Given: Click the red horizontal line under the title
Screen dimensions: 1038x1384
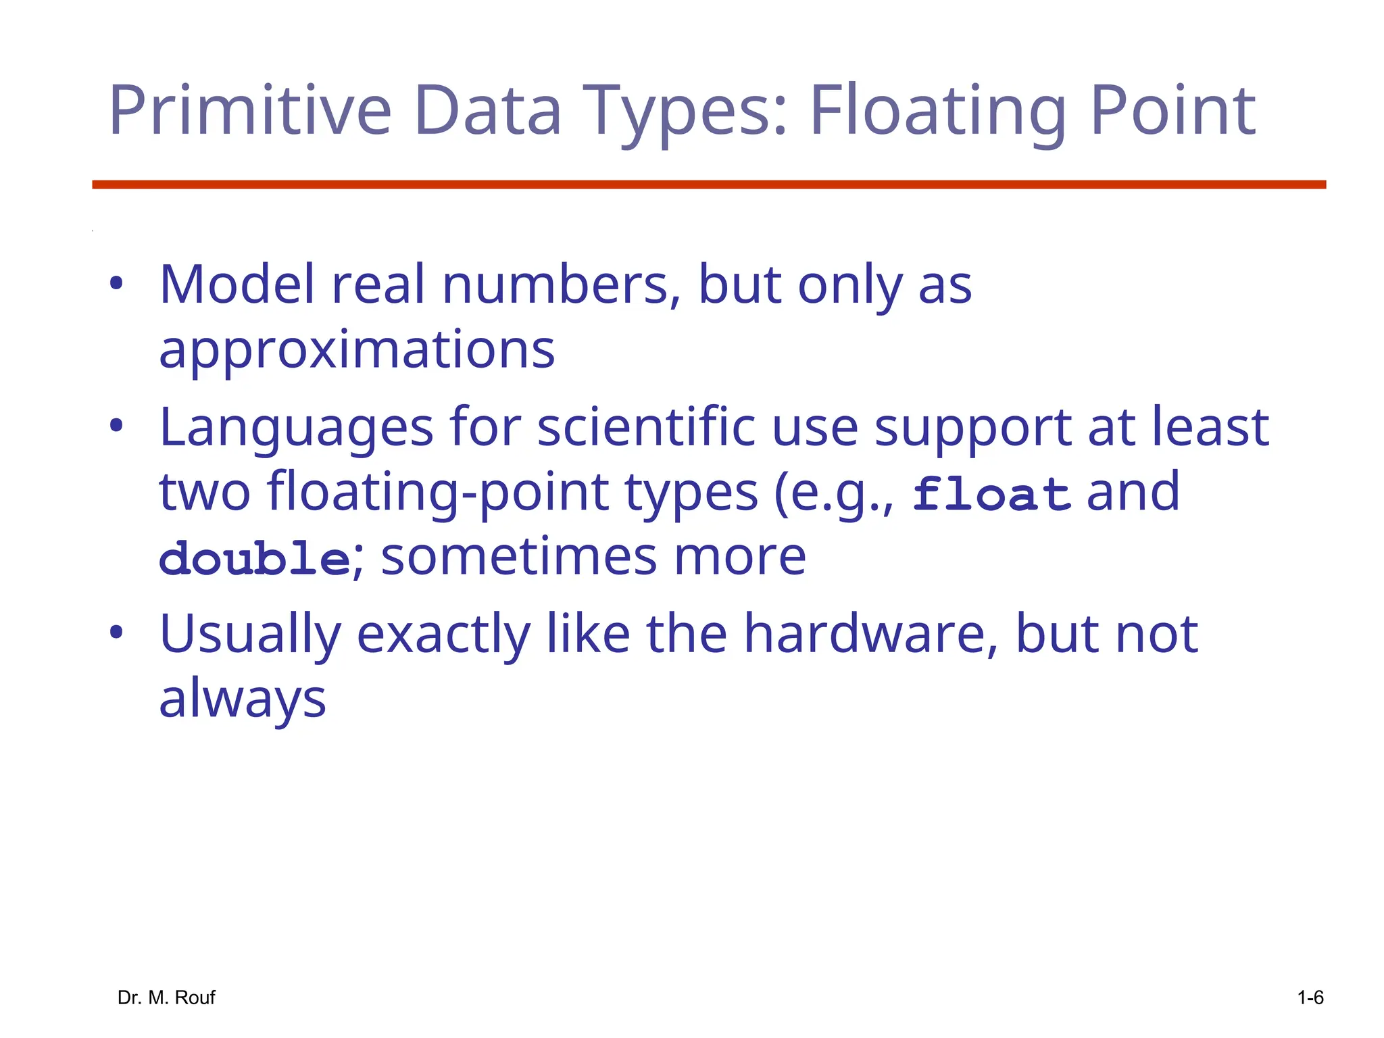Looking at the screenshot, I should [708, 184].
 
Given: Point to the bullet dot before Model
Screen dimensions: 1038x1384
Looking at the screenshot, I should [116, 284].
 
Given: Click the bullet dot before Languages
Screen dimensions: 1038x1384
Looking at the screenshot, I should [116, 426].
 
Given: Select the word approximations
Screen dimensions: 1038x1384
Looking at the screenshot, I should [357, 350].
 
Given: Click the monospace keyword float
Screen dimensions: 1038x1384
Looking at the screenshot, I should [991, 494].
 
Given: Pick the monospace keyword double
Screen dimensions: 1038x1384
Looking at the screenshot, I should [254, 559].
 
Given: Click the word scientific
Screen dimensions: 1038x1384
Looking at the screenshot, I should [646, 428].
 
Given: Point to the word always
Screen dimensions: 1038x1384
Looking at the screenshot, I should [243, 699].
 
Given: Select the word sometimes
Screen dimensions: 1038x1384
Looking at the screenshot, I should [519, 558].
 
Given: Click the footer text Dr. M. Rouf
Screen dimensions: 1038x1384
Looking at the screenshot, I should [166, 997].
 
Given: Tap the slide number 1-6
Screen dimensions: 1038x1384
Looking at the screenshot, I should [1310, 997].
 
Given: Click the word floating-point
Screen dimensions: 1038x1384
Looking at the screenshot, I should [439, 493].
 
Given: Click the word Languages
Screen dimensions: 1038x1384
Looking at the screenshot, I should [296, 429].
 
